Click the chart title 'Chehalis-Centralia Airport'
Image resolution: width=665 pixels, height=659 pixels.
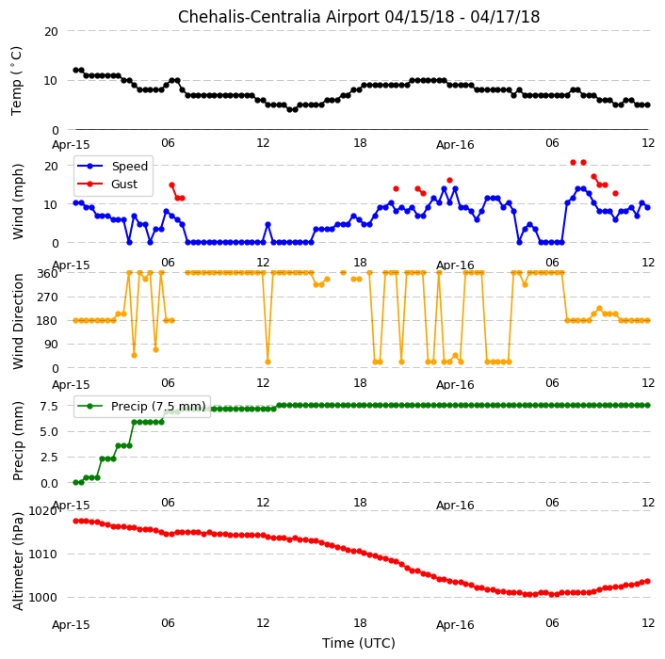(278, 17)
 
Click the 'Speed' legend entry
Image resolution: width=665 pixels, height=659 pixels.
(129, 166)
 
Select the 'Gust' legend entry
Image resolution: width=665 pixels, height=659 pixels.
(123, 184)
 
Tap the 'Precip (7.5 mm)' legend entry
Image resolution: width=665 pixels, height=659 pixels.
(158, 406)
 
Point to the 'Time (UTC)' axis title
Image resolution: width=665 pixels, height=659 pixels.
(358, 643)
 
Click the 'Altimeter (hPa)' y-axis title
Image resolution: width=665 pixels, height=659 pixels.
(18, 561)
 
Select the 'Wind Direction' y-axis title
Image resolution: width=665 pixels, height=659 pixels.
(18, 321)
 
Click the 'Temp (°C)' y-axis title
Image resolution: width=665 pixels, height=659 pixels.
(17, 81)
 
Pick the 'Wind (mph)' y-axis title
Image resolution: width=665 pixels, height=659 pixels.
(18, 201)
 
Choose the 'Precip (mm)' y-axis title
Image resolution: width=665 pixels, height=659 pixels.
(18, 442)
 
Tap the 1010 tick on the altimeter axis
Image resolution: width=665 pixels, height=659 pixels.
(42, 554)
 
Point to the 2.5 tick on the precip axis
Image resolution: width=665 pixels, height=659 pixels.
(49, 458)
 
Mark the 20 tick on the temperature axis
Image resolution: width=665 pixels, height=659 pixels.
(51, 32)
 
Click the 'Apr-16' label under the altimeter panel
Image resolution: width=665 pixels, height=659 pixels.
(455, 625)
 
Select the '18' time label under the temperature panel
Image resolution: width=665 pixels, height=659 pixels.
(360, 143)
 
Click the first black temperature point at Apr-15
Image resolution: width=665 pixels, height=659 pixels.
(76, 71)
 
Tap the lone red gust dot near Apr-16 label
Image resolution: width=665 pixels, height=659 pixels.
(450, 180)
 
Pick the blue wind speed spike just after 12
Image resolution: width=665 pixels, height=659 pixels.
(268, 225)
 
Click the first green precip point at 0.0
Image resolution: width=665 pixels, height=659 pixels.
(76, 482)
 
